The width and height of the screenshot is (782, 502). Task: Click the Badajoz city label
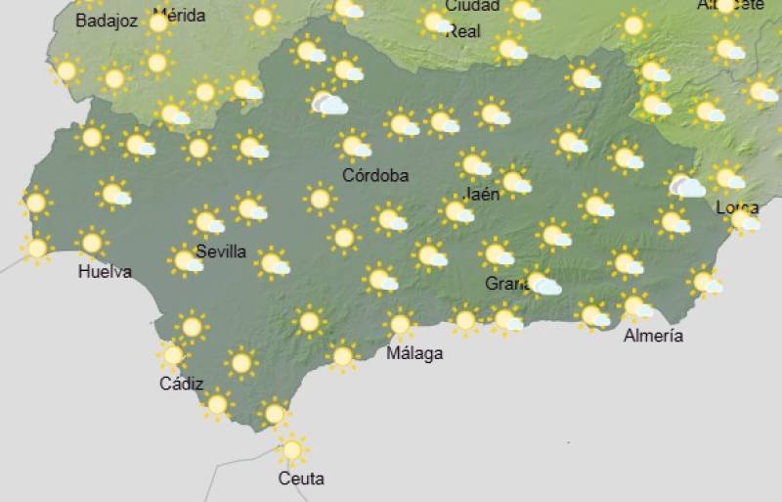pyautogui.click(x=107, y=21)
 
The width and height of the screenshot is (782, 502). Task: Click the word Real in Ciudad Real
pyautogui.click(x=463, y=31)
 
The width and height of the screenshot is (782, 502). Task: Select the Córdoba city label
pyautogui.click(x=375, y=176)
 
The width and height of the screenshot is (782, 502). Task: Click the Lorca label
pyautogui.click(x=737, y=207)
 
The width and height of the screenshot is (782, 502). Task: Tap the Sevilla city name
pyautogui.click(x=221, y=251)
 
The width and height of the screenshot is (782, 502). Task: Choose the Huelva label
pyautogui.click(x=105, y=272)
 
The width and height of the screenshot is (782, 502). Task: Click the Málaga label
pyautogui.click(x=414, y=353)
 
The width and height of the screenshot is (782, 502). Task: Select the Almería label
pyautogui.click(x=654, y=337)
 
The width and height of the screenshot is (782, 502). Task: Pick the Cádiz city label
pyautogui.click(x=181, y=384)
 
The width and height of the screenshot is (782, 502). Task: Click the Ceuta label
pyautogui.click(x=301, y=479)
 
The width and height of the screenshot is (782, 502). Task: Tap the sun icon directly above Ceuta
pyautogui.click(x=291, y=450)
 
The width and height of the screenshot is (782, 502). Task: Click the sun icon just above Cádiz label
pyautogui.click(x=173, y=355)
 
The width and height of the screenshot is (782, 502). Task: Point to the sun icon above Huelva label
pyautogui.click(x=92, y=242)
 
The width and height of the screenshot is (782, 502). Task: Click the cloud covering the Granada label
pyautogui.click(x=543, y=285)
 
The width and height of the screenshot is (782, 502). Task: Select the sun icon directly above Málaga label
pyautogui.click(x=399, y=324)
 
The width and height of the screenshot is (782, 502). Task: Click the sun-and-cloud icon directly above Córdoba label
pyautogui.click(x=354, y=148)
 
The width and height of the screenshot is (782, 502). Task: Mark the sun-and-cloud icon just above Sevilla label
pyautogui.click(x=207, y=221)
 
